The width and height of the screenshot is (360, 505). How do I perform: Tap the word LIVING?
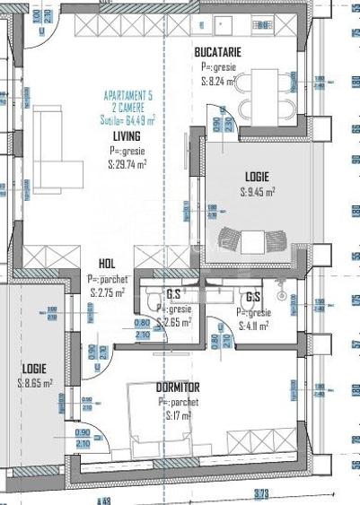[x=126, y=136]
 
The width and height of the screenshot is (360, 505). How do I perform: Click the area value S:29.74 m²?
[x=127, y=164]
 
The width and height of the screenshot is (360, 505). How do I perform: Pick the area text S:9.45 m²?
[x=257, y=191]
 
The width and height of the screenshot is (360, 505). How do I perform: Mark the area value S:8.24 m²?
[x=220, y=80]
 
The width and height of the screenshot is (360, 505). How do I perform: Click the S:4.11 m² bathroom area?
[x=253, y=326]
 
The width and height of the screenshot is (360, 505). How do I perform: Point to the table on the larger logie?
[x=254, y=240]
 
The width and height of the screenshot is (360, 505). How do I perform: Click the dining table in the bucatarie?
[x=268, y=95]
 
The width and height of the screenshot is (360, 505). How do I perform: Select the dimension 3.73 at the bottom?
[x=260, y=494]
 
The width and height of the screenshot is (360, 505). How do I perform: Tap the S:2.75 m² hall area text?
[x=108, y=292]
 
